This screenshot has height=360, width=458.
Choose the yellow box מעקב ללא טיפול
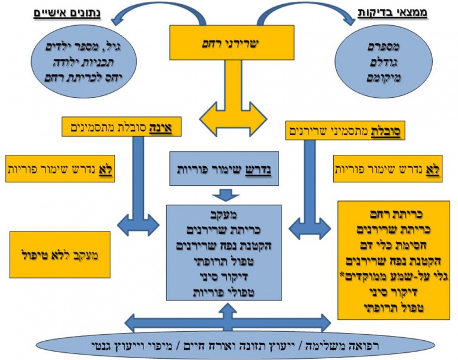click(59, 254)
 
